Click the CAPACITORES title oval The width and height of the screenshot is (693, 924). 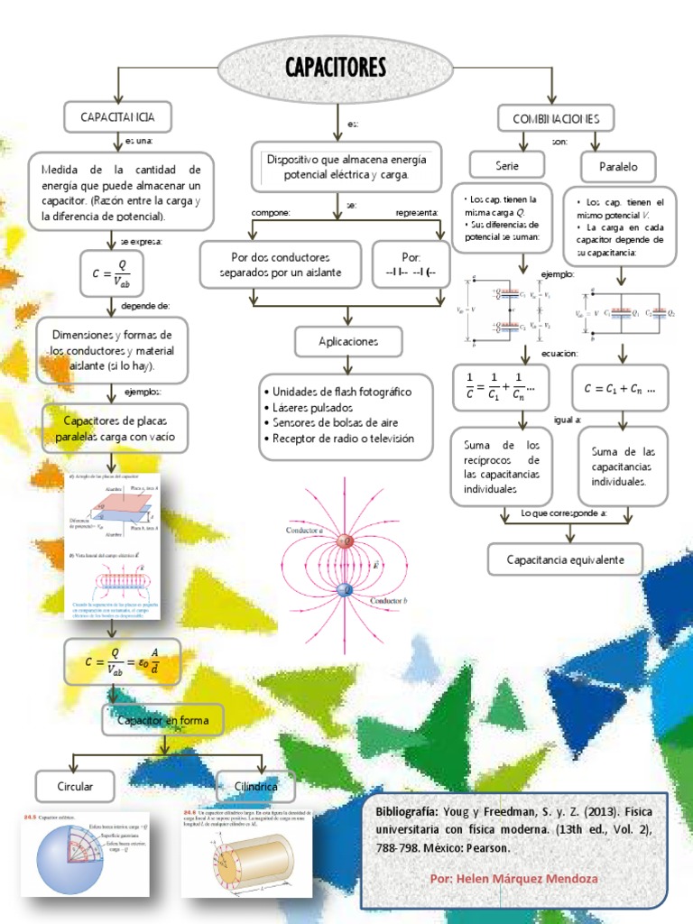pos(335,69)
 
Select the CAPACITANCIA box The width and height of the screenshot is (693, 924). pos(117,117)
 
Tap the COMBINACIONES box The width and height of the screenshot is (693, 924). pos(555,118)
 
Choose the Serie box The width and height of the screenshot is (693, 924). pos(507,166)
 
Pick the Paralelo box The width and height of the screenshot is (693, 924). pos(618,167)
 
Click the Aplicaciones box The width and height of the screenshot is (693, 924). pos(347,342)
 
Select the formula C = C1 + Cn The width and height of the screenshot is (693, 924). pos(620,388)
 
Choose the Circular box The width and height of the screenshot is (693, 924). pos(75,787)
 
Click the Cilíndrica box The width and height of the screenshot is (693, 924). pos(256,787)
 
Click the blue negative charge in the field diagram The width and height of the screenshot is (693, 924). pos(344,590)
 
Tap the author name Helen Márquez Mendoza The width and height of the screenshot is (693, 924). pos(514,878)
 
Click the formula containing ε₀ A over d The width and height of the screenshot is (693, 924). pos(124,662)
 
